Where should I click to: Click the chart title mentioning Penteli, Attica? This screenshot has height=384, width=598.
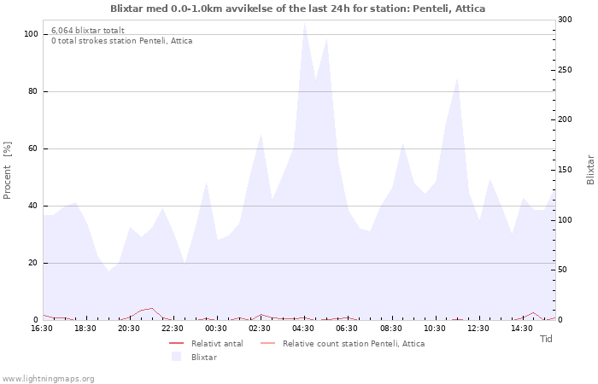coord(297,9)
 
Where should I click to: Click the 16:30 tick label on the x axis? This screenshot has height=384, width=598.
coord(42,329)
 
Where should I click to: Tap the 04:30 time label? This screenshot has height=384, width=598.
coord(303,329)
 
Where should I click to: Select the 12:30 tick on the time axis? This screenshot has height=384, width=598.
coord(478,329)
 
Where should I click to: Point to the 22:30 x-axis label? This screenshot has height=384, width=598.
coord(173,329)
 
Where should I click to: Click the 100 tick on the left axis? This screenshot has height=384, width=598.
coord(31,34)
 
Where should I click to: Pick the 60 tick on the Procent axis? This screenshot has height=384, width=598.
coord(32,148)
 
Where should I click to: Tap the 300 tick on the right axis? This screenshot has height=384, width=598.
coord(565,20)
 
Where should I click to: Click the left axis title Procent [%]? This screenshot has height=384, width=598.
coord(8,170)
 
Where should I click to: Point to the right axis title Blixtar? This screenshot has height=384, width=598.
coord(590,170)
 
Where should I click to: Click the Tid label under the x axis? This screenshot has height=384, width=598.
coord(546,339)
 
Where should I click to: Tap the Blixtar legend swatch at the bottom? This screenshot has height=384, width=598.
coord(177,357)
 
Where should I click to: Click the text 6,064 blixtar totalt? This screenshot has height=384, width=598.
coord(87,30)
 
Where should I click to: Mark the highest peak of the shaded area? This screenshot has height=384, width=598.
coord(304,22)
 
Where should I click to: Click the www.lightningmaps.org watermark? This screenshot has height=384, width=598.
coord(49,378)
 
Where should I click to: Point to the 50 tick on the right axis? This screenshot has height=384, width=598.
coord(562,270)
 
